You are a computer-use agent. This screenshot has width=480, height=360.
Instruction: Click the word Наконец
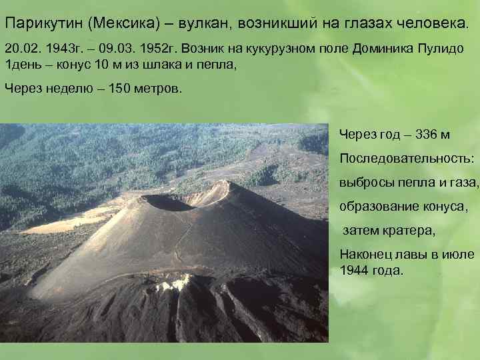coord(365,254)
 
